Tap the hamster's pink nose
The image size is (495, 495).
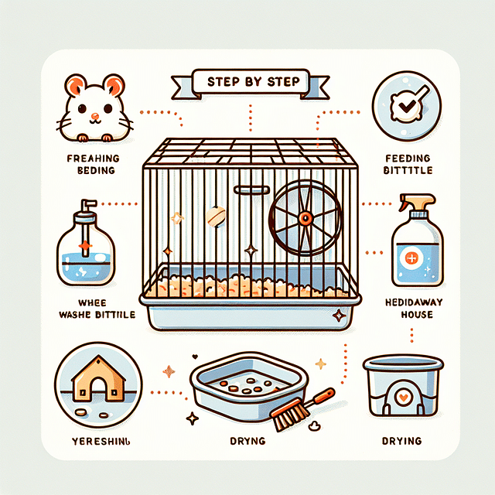94,118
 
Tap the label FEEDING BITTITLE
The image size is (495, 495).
408,164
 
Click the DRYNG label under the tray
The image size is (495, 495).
247,442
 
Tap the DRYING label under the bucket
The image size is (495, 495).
402,441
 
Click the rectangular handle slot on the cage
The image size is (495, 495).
247,190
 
